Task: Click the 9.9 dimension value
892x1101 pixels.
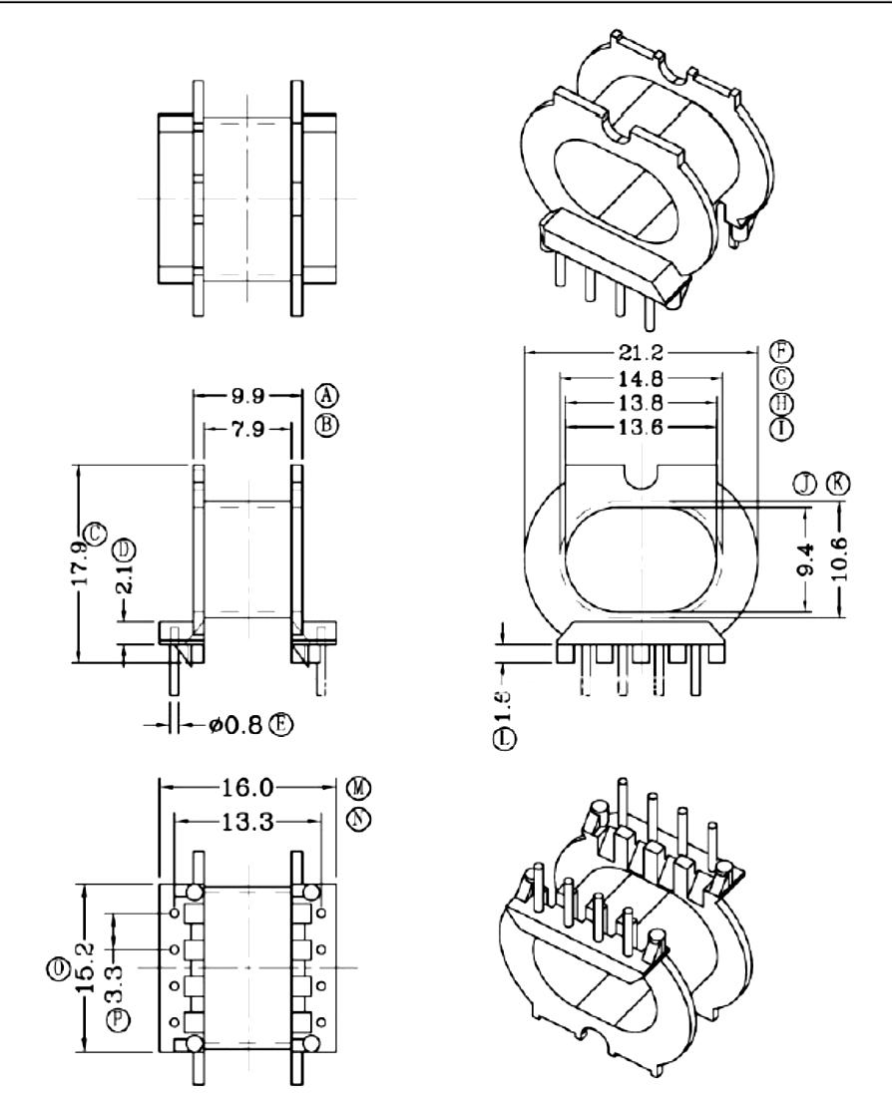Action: [247, 395]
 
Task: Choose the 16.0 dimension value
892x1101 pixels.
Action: [247, 788]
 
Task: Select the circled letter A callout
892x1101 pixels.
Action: [325, 393]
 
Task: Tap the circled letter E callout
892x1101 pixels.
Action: [284, 724]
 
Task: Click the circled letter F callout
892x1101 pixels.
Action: [781, 351]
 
